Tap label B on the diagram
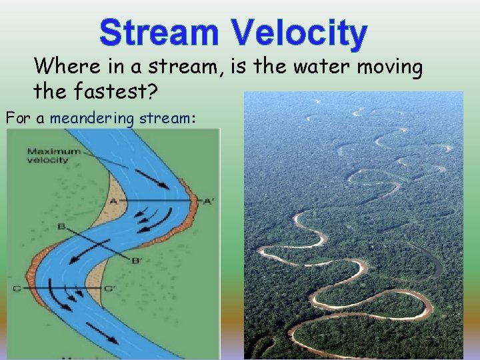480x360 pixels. click(61, 227)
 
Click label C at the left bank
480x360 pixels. click(16, 288)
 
